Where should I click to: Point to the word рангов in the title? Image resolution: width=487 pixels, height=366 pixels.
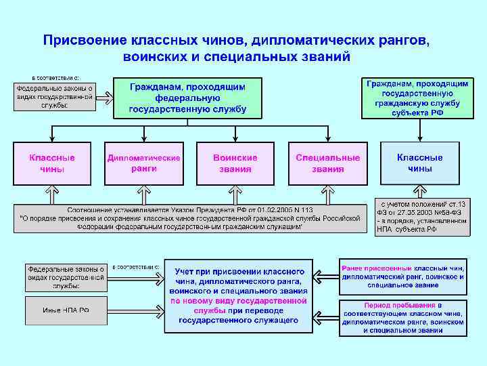click(399, 40)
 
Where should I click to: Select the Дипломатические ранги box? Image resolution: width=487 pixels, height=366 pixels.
click(144, 163)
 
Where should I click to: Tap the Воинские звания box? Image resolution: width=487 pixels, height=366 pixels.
click(235, 163)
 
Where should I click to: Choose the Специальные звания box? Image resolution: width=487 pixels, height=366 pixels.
click(328, 163)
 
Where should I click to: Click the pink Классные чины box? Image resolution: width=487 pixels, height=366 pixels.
click(52, 163)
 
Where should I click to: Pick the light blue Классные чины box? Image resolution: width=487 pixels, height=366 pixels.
click(420, 163)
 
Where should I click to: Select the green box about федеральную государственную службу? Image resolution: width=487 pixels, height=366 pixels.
click(187, 98)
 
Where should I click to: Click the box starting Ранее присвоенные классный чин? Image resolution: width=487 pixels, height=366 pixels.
click(403, 277)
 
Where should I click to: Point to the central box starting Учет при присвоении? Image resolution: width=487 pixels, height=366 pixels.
click(239, 295)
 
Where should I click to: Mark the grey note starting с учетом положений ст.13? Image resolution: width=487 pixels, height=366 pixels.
click(423, 217)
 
